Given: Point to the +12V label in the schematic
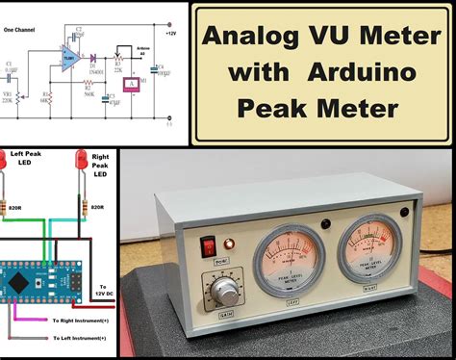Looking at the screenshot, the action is point(170,33).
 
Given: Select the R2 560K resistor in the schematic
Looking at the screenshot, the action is point(89,89).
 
